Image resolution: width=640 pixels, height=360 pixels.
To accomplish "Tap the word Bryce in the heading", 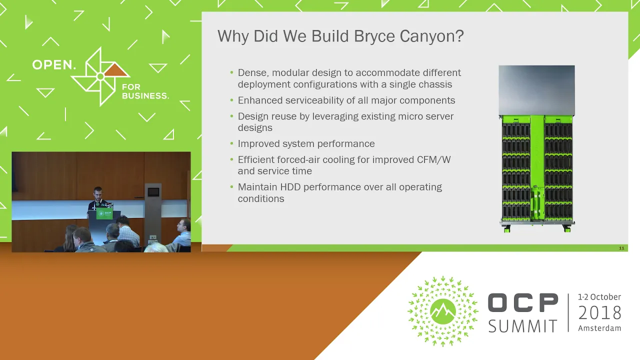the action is tap(374, 37).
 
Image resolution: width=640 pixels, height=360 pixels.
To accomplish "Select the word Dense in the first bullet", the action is tap(253, 73).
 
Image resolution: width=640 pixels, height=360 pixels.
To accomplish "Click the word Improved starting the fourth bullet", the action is tap(258, 143).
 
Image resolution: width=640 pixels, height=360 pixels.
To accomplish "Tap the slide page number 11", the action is tap(621, 248).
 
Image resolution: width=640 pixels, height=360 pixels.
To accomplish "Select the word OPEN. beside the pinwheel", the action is tap(53, 65).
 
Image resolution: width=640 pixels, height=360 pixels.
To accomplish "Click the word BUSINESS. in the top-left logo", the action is tap(145, 95).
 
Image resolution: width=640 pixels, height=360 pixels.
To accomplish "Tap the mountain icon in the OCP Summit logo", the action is tap(443, 311).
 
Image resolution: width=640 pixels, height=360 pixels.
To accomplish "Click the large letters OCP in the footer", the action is tap(523, 302).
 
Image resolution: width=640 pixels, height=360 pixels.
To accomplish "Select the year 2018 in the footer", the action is tap(599, 313).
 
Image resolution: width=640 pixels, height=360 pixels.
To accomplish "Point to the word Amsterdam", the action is tap(599, 328).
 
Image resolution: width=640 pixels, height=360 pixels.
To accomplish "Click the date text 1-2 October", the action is tap(599, 297).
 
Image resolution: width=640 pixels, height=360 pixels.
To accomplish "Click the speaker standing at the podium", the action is tap(98, 198).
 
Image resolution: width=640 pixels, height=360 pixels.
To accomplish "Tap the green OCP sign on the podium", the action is tap(104, 213).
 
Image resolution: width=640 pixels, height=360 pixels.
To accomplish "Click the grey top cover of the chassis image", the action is tap(537, 90).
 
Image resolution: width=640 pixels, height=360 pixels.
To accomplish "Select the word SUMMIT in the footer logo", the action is tap(523, 326).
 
